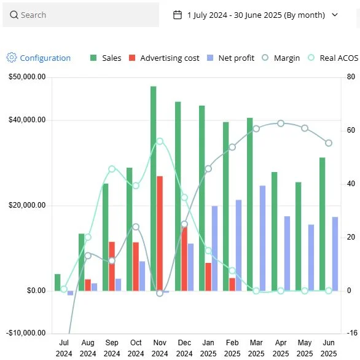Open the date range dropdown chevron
pos(335,15)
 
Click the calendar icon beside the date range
pos(178,15)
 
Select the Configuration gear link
pos(38,58)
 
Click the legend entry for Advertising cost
pos(163,58)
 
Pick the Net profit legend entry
pos(230,58)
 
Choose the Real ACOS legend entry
pos(332,58)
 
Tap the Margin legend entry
pos(281,58)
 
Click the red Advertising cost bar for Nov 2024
pos(160,233)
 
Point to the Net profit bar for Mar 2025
pos(262,238)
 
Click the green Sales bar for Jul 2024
pos(58,282)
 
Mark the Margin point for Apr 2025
pos(281,123)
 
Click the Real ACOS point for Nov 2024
pos(160,141)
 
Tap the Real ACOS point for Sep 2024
pos(112,169)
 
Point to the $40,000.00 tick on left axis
pos(27,120)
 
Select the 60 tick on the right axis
pos(351,130)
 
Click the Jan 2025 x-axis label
pos(208,348)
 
